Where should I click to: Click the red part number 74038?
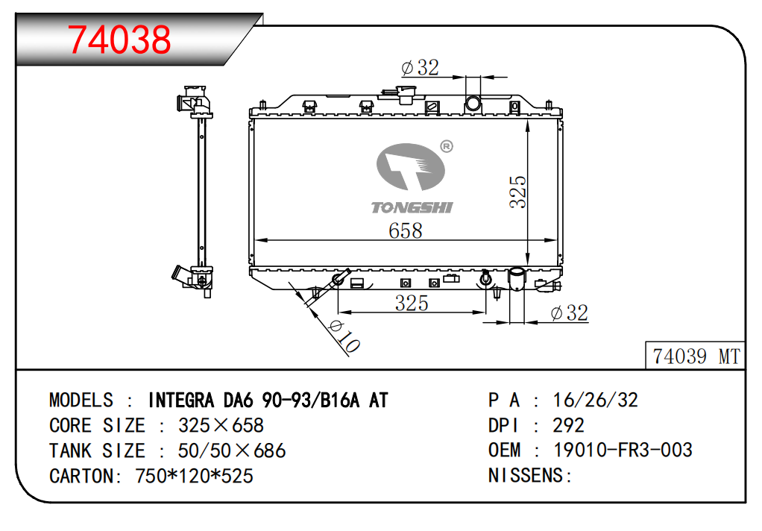coord(119,39)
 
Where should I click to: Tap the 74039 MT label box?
coord(695,356)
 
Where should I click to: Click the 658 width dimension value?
coord(406,230)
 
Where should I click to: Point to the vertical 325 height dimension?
coord(518,192)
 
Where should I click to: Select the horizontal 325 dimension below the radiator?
coord(412,303)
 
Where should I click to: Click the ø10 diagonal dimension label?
coord(344,336)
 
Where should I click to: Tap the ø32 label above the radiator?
coord(421,67)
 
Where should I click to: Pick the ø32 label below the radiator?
coord(570,312)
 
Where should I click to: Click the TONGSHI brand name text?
coord(412,207)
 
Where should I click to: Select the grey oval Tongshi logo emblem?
coord(411,167)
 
